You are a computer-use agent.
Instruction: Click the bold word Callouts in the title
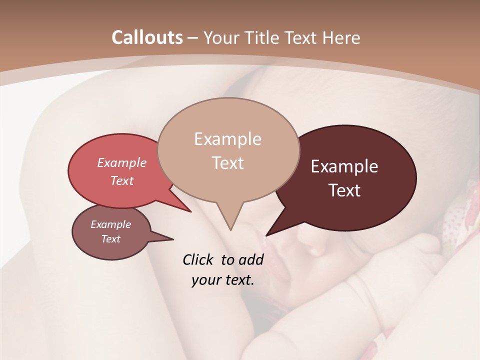coord(147,37)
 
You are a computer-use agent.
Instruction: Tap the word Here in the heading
coord(342,37)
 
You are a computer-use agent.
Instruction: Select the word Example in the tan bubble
coord(227,139)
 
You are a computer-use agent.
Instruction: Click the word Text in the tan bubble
coord(227,163)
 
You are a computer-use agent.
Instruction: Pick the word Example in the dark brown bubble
coord(344,166)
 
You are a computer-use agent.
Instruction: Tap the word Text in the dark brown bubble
coord(344,190)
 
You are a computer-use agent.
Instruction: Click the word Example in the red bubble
coord(121,162)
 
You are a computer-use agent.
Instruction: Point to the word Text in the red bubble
coord(121,180)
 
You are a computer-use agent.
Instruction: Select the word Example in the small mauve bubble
coord(110,224)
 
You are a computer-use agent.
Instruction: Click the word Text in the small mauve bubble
coord(110,239)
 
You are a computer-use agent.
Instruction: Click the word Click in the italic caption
coord(199,259)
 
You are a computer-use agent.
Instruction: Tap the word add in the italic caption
coord(251,259)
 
